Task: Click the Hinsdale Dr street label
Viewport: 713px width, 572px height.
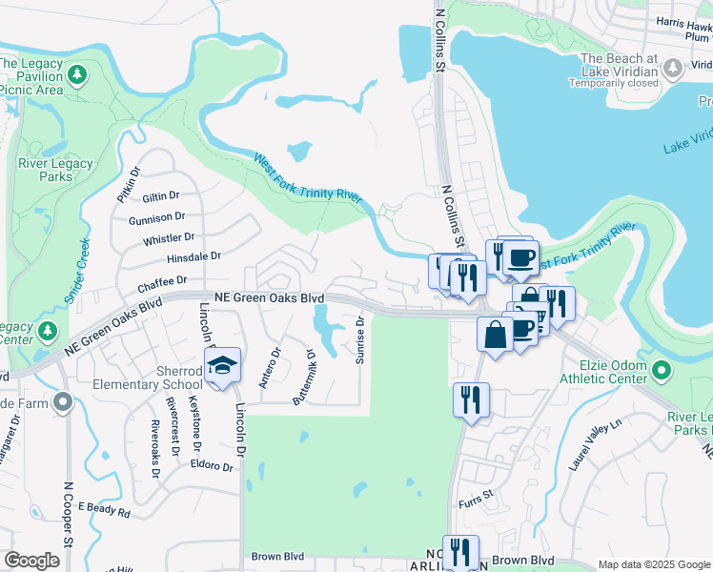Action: pos(194,256)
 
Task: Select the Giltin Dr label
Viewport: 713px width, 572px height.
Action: pos(160,195)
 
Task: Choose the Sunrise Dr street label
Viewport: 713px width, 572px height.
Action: pos(360,342)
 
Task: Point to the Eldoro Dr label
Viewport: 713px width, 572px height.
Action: pos(211,467)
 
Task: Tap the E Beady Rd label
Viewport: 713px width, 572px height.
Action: pos(104,511)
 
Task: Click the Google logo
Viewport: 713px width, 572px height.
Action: pos(31,561)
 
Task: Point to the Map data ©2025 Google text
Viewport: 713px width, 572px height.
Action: pos(653,564)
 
